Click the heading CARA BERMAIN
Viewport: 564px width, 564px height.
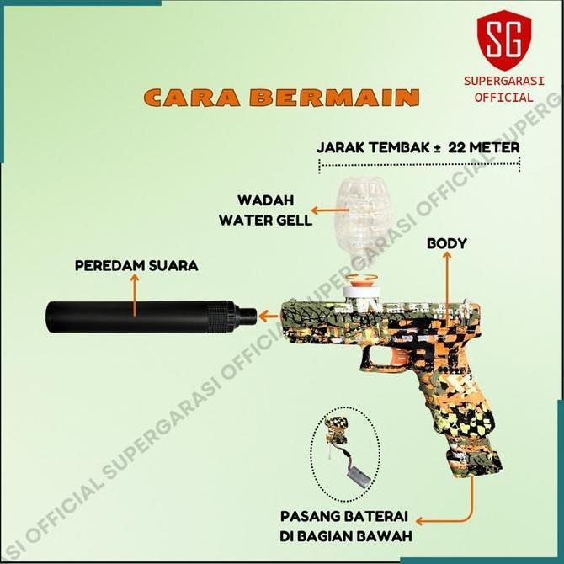(x=281, y=96)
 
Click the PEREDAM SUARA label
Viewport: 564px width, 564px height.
(x=136, y=266)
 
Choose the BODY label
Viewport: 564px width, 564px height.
(x=447, y=244)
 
